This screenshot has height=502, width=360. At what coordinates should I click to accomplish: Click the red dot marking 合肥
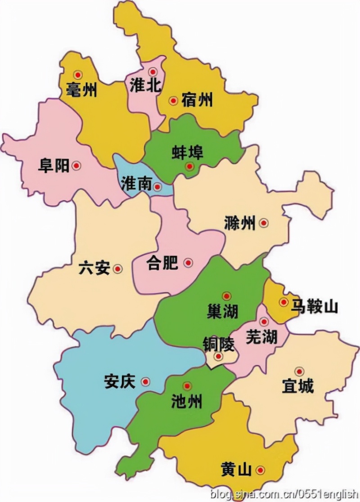(188, 262)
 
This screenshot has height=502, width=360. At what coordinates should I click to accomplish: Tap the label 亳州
(81, 90)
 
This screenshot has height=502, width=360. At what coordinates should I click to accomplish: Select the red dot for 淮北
(153, 72)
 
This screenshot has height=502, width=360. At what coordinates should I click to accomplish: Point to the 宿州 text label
(197, 100)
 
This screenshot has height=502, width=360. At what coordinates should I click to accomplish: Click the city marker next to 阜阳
(76, 166)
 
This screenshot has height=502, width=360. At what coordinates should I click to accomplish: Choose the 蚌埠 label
(188, 152)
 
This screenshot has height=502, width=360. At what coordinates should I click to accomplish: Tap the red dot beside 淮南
(157, 187)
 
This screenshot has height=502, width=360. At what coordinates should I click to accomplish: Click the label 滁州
(239, 223)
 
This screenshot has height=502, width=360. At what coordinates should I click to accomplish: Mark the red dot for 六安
(118, 269)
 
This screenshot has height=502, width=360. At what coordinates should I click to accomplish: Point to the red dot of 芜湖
(264, 322)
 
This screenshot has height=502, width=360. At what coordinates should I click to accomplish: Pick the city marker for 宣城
(299, 371)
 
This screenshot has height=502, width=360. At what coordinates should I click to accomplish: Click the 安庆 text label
(119, 382)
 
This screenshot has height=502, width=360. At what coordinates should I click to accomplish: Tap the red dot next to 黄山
(260, 470)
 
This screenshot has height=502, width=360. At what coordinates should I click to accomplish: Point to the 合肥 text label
(162, 263)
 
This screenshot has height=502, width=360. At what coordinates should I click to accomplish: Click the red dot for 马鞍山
(283, 302)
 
